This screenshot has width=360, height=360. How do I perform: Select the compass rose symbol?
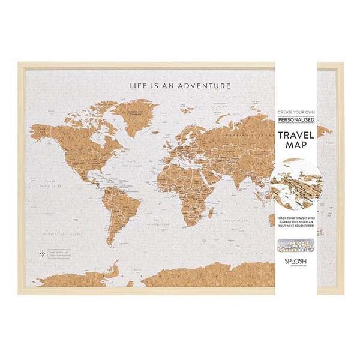tap(41, 252)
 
